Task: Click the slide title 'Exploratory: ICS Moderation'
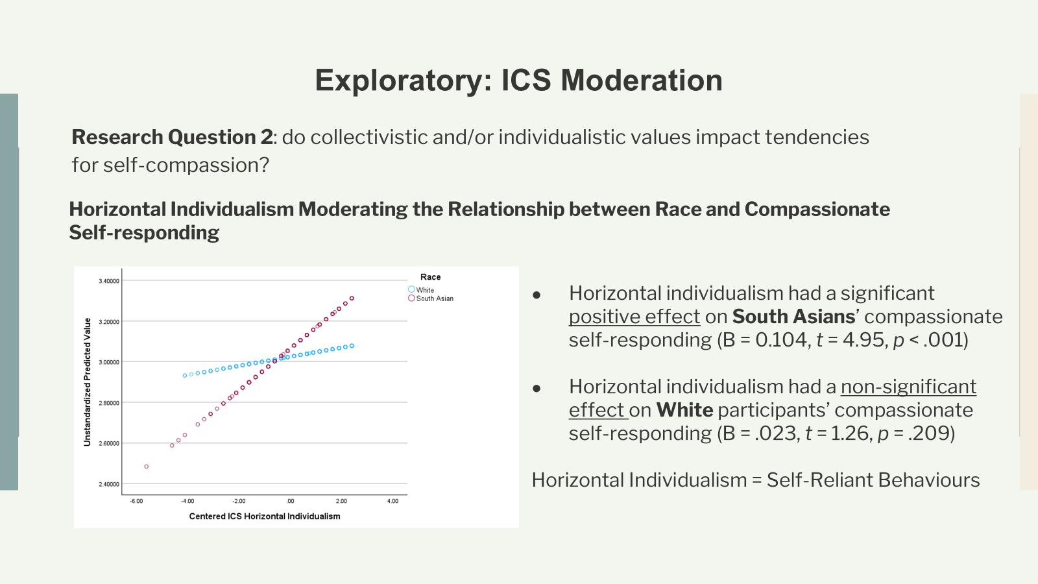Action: click(518, 80)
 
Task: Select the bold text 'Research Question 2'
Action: click(172, 138)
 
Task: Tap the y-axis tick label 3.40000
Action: click(109, 281)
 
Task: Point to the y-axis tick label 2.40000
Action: click(109, 484)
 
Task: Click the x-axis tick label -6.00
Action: click(136, 501)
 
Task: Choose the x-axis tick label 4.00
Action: click(392, 501)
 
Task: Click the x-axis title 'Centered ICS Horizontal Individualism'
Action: click(265, 517)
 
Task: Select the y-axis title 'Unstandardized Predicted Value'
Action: click(88, 382)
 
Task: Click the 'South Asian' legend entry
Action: click(434, 298)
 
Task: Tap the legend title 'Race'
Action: click(430, 277)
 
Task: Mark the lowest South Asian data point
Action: click(147, 467)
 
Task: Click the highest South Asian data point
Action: click(352, 298)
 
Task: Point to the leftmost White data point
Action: click(185, 376)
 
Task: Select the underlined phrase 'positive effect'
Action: click(634, 317)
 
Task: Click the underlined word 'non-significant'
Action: click(908, 387)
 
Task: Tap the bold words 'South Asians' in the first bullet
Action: click(793, 317)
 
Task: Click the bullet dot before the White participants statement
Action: click(537, 389)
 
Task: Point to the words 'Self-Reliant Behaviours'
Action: click(873, 480)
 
